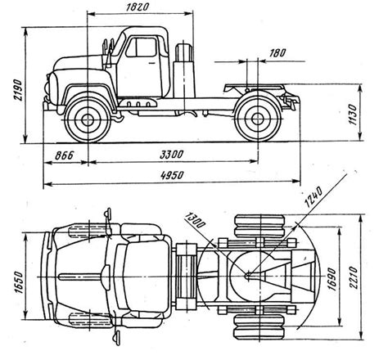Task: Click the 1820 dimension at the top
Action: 138,7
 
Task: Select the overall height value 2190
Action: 18,90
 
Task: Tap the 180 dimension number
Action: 277,53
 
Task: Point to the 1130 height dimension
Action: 353,115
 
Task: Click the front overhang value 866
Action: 65,155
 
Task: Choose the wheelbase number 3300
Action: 171,155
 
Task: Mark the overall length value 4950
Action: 172,175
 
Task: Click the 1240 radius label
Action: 314,197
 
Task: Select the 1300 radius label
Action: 195,220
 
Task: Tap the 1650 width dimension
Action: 18,282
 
